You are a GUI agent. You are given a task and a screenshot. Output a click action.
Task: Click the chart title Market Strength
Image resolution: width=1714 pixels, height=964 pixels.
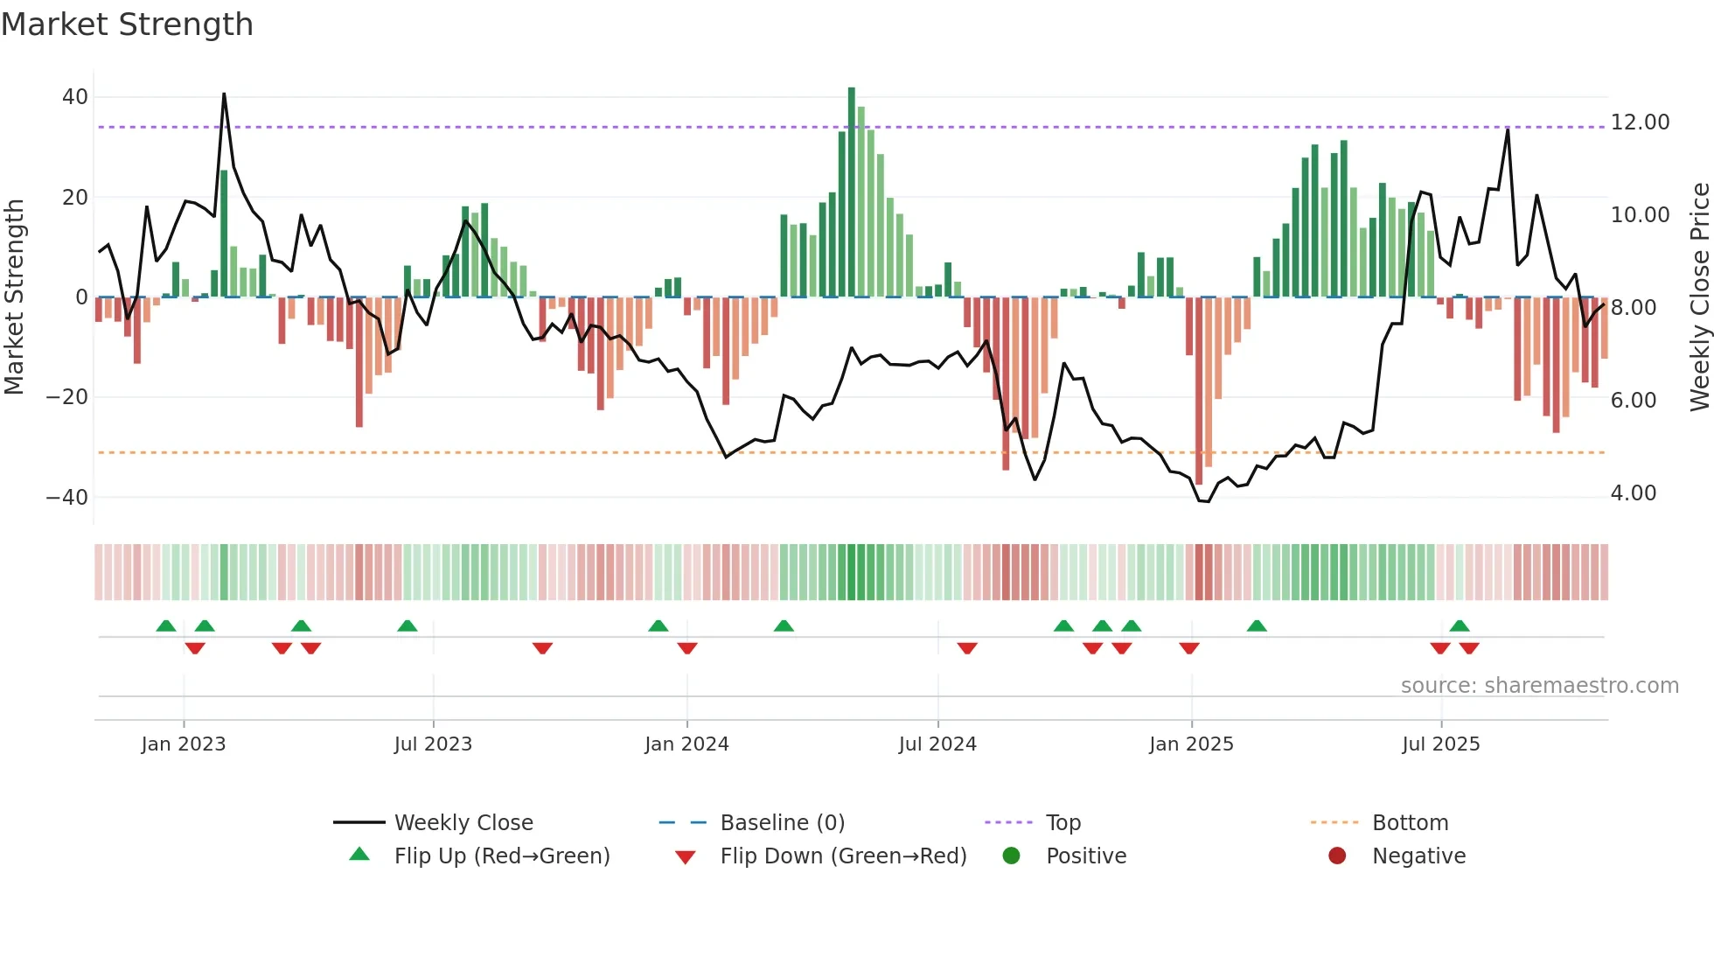pos(127,24)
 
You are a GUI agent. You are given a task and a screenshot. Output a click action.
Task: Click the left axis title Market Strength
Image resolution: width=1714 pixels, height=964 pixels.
pos(15,297)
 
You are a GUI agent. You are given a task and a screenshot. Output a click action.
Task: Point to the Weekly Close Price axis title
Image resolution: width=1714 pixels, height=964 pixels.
pos(1699,297)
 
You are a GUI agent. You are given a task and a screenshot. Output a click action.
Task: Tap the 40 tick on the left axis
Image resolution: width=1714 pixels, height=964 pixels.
pos(75,97)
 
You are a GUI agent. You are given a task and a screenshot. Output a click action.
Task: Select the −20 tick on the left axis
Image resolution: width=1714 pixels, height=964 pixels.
pos(67,397)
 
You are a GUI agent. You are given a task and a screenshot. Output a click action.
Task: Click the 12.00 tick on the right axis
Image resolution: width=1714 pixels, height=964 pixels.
pos(1640,122)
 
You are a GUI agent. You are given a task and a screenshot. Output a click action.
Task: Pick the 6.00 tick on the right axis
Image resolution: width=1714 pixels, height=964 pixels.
pos(1633,401)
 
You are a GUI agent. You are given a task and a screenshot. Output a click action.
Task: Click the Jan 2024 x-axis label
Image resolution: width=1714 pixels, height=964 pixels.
pos(686,744)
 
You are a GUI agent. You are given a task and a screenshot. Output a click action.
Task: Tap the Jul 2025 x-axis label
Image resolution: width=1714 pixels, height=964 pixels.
pos(1440,744)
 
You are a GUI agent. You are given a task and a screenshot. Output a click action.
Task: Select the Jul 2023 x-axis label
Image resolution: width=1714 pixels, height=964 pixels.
pos(433,744)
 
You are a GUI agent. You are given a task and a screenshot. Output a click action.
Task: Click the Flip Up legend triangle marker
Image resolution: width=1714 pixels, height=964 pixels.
pos(359,855)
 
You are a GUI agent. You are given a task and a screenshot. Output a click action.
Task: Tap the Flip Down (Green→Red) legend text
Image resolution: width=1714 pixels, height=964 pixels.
pos(843,856)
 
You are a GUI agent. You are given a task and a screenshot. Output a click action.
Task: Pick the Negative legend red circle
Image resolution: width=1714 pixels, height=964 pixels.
pos(1337,856)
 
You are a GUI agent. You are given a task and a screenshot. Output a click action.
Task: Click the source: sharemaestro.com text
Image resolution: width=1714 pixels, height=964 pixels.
pos(1539,686)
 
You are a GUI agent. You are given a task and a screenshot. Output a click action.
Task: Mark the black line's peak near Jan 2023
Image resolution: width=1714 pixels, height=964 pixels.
pos(224,94)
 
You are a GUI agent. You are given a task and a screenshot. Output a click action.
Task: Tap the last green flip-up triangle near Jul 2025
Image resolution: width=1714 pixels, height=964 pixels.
pos(1459,625)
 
